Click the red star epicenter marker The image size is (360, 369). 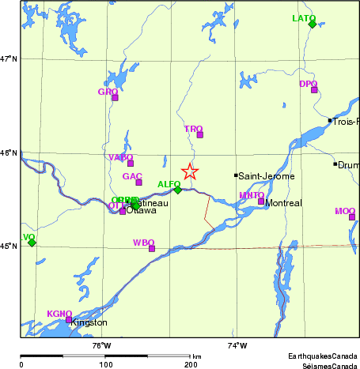coord(190,171)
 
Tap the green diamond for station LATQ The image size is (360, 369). coord(312,24)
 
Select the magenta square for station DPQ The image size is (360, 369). coord(314,90)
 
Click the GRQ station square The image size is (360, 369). coord(115,98)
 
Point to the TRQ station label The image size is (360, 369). coord(193,128)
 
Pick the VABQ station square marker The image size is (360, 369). coord(131,164)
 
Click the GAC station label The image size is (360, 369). coord(132,175)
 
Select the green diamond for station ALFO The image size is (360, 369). coord(178,190)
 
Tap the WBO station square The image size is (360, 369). coord(152,249)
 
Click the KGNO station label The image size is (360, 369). coord(59,314)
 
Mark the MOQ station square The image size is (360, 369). coord(352,217)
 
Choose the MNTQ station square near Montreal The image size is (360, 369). coord(261,201)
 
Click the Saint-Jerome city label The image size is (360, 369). coord(266,175)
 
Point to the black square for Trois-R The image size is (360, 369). coord(330,121)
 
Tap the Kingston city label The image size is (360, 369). coord(89,323)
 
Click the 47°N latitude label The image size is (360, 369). coord(9,58)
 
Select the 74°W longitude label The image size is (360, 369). coord(237,345)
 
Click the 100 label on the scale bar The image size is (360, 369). coord(104,365)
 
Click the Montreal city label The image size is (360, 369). coord(283,203)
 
